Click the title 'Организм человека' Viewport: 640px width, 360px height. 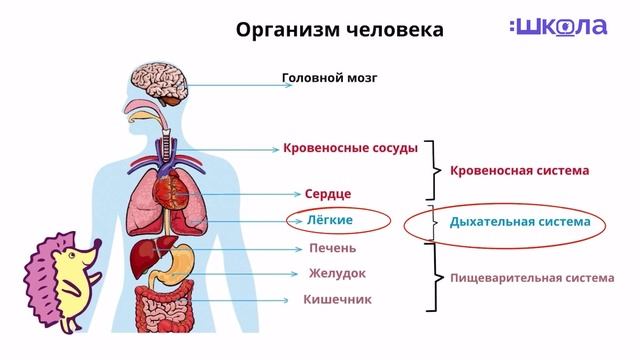point(339,29)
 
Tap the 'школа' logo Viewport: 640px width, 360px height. point(557,27)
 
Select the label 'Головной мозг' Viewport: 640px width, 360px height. point(330,77)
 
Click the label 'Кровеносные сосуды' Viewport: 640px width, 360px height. point(349,148)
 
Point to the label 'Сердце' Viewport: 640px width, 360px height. point(328,193)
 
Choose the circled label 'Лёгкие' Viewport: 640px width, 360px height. point(330,219)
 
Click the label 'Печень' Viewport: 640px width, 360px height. point(332,248)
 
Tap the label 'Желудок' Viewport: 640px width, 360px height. point(337,273)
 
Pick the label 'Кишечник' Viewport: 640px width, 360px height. point(337,299)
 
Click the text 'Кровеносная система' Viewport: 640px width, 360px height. point(519,170)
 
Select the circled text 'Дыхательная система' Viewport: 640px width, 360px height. point(520,221)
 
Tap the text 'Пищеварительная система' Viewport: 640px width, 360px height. point(531,278)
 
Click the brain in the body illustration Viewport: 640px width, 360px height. point(160,84)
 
